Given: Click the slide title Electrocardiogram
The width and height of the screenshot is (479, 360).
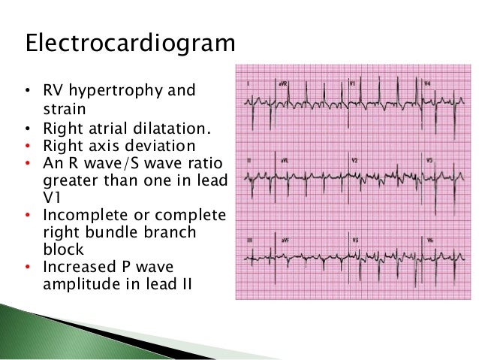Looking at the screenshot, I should pos(130,43).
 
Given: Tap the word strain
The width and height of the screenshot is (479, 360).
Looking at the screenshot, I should pos(60,110).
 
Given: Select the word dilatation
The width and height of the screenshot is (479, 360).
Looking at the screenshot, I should pos(170,128).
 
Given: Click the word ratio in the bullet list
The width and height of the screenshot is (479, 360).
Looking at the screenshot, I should pos(204,162).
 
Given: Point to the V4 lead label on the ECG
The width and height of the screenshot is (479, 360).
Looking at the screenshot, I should pos(427,83).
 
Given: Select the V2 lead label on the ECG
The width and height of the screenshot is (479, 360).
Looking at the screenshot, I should pos(354,161).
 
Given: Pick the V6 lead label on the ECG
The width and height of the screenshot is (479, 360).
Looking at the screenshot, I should pos(428,240).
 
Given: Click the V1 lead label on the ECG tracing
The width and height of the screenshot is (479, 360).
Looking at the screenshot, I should pos(353,83).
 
